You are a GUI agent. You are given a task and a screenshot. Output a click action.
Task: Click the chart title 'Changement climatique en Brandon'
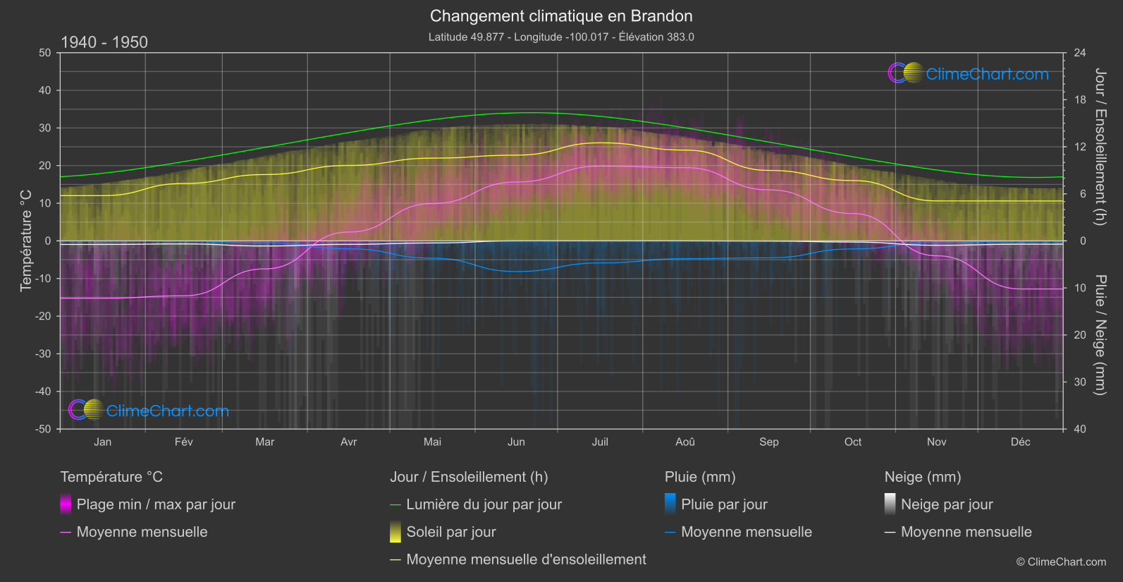click(561, 16)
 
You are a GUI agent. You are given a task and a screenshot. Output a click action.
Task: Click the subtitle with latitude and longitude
click(561, 37)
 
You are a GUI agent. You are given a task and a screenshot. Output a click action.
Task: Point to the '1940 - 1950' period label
click(104, 42)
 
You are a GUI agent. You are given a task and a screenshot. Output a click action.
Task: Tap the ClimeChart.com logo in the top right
click(969, 73)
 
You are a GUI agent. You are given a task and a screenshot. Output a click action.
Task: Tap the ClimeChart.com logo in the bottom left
click(149, 411)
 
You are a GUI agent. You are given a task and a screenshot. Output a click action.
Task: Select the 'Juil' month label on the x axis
click(600, 442)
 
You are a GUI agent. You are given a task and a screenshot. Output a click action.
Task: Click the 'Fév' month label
click(183, 442)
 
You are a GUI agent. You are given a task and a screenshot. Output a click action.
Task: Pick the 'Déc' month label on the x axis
click(1020, 442)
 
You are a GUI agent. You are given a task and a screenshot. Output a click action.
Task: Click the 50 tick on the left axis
click(45, 53)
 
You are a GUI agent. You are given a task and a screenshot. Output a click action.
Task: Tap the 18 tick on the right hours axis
click(1080, 100)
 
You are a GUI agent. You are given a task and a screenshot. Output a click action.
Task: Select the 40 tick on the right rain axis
click(1080, 429)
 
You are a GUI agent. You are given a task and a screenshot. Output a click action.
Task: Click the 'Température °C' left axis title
click(26, 240)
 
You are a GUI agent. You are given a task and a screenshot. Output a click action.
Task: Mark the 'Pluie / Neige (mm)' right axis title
click(1100, 334)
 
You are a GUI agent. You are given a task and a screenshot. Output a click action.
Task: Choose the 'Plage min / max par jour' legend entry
click(156, 504)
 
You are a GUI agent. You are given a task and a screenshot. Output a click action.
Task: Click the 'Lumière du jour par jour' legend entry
click(484, 504)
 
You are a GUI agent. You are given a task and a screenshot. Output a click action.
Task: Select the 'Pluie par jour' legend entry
click(724, 504)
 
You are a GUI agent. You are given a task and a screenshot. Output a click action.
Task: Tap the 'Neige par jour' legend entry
click(947, 504)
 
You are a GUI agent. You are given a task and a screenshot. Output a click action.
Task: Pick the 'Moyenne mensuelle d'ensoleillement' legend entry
click(526, 559)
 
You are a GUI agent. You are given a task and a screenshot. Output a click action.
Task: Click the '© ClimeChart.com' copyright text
click(1061, 562)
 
